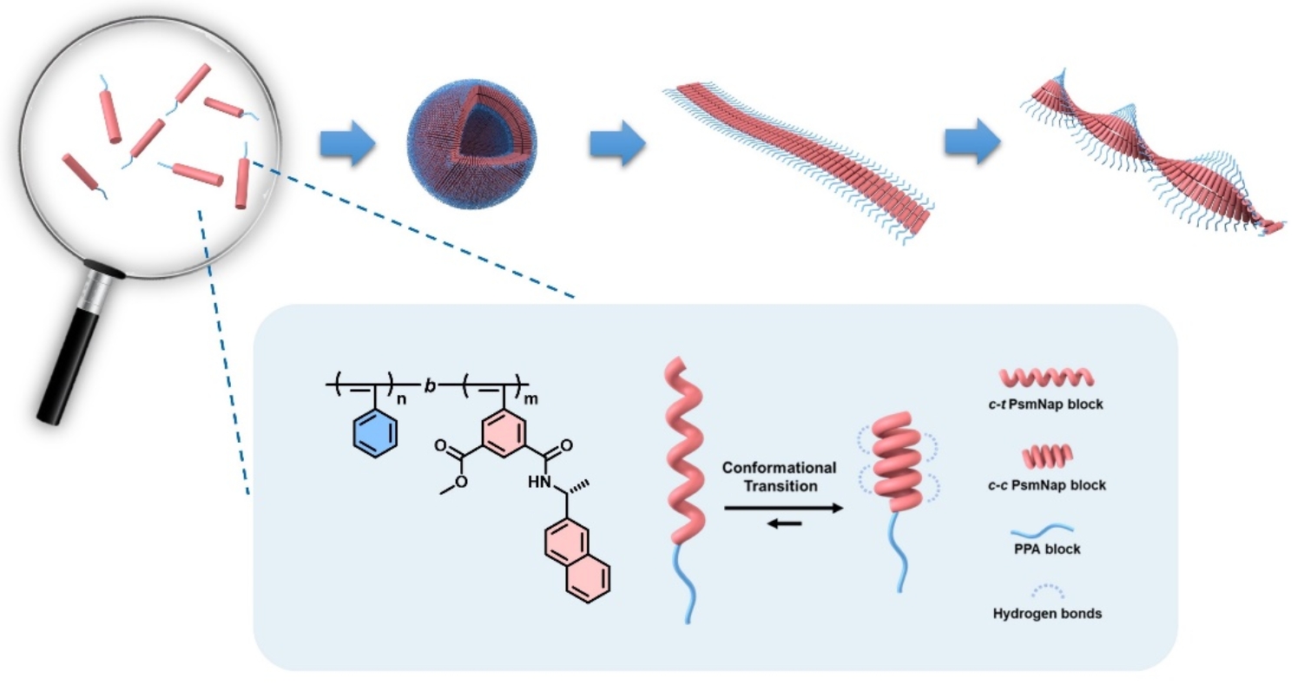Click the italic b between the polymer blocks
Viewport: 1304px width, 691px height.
click(429, 383)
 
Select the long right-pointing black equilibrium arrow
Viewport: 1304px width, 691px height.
click(783, 509)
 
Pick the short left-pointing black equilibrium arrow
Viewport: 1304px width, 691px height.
click(783, 523)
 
